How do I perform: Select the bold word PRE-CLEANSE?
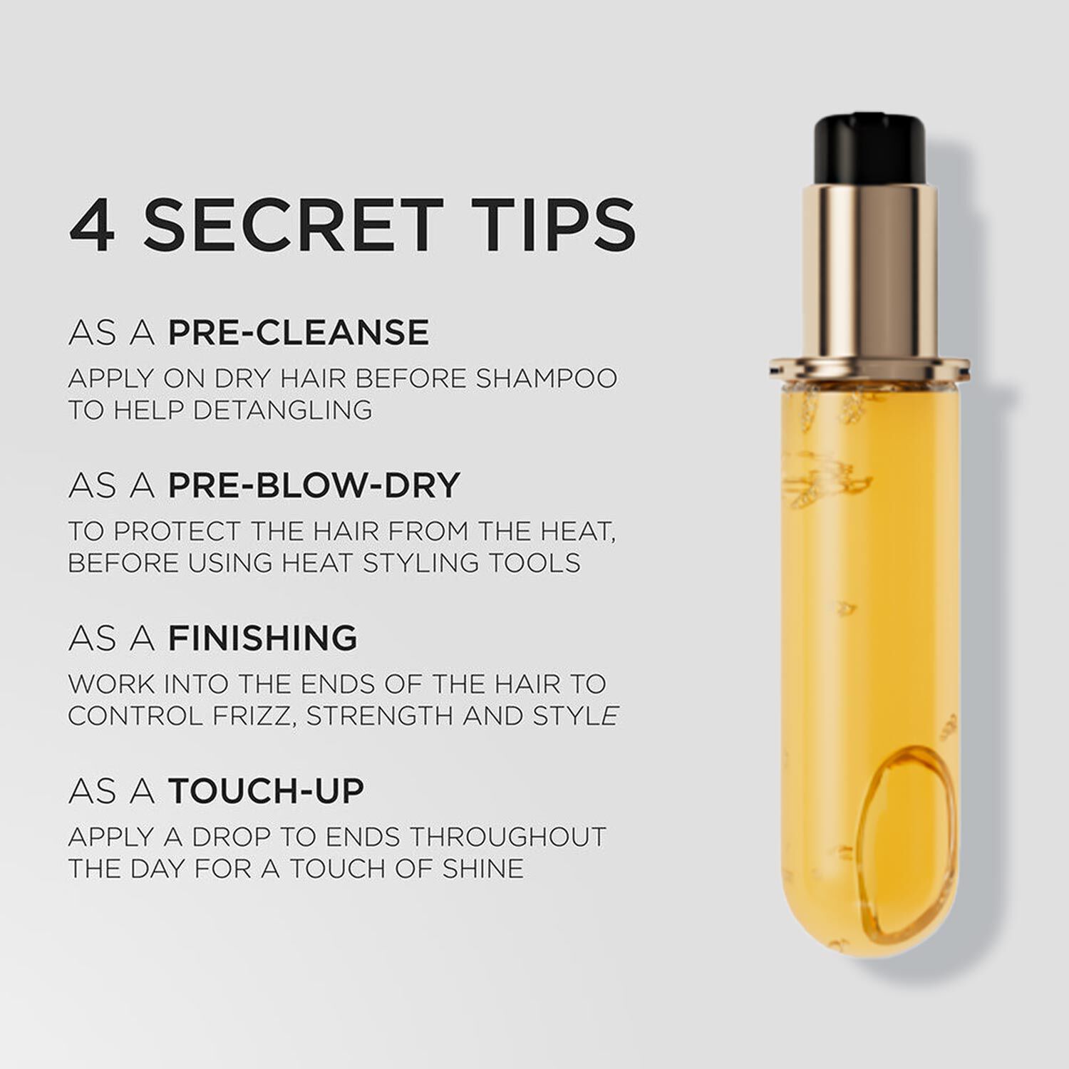coord(299,333)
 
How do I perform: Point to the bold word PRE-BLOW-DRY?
coord(314,485)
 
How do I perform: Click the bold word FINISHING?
coord(263,638)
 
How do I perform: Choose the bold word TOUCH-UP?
coord(266,790)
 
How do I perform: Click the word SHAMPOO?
coord(547,378)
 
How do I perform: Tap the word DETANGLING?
coord(283,410)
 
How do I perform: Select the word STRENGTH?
coord(381,716)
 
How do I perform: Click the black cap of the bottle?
coord(869,148)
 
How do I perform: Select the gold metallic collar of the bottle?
coord(869,271)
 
